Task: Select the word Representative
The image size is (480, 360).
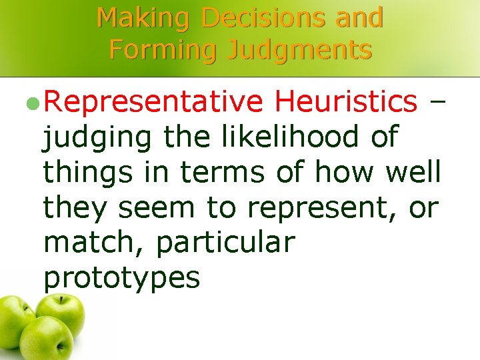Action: (x=153, y=103)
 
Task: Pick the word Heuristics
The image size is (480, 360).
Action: (x=345, y=101)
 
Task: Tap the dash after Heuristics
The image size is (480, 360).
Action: (x=437, y=102)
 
